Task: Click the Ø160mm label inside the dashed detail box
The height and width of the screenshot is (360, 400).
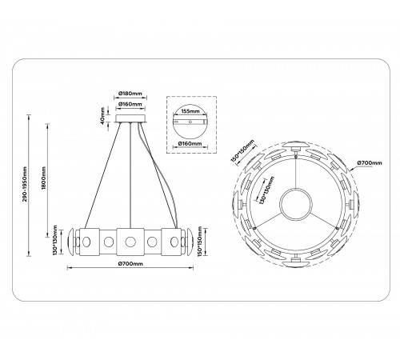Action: (x=190, y=144)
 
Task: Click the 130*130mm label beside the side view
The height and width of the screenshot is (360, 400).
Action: (x=55, y=238)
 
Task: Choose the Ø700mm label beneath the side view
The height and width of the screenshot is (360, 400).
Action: (x=128, y=263)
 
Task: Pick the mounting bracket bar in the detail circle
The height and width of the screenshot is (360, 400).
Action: (x=190, y=124)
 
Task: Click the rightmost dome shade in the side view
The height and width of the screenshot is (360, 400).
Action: (x=190, y=238)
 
